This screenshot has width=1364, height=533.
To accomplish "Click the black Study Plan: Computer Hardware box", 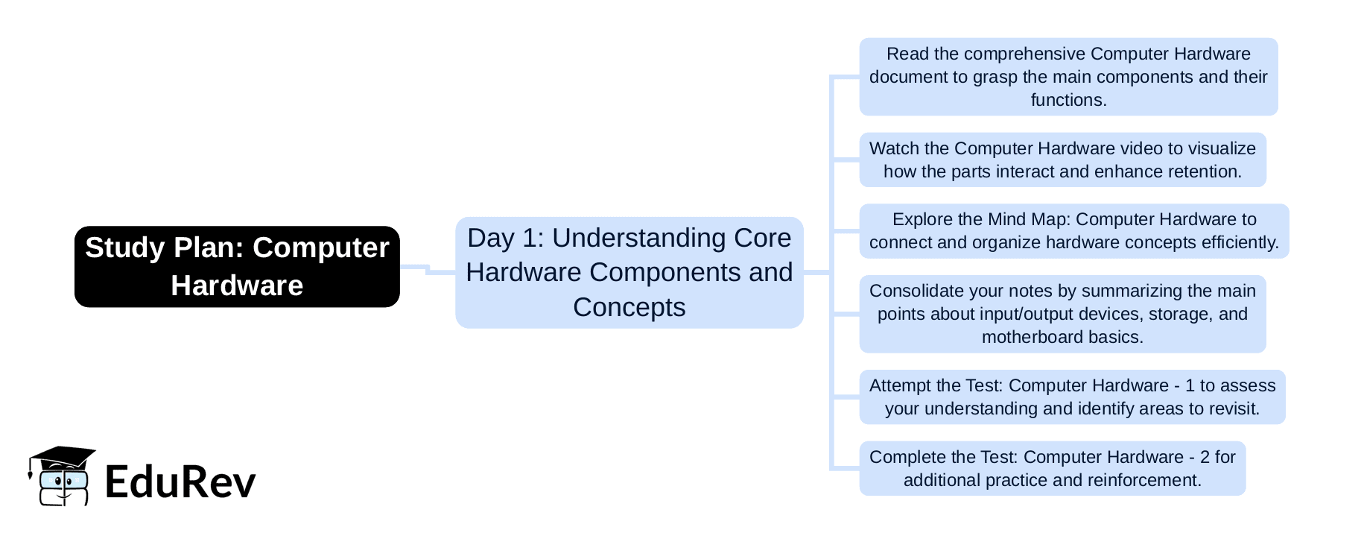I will point(237,266).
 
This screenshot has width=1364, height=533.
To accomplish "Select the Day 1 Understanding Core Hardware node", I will point(629,272).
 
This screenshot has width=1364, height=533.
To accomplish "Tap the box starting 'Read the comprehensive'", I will point(1068,77).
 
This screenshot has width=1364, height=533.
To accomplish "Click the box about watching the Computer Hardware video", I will point(1062,160).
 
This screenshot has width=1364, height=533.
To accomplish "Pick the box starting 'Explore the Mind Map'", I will point(1073,230).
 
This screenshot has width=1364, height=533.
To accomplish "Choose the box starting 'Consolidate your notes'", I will point(1062,314).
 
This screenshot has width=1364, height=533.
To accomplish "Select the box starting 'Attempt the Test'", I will point(1071,397).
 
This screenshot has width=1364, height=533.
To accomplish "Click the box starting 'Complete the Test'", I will point(1052,468).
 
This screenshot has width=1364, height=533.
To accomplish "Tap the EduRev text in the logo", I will point(180,482).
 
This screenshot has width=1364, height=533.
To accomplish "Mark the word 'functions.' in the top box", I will point(1068,100).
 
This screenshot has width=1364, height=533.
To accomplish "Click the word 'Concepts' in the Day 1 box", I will point(629,307).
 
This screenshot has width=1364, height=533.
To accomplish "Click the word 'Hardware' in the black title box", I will point(237,286).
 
